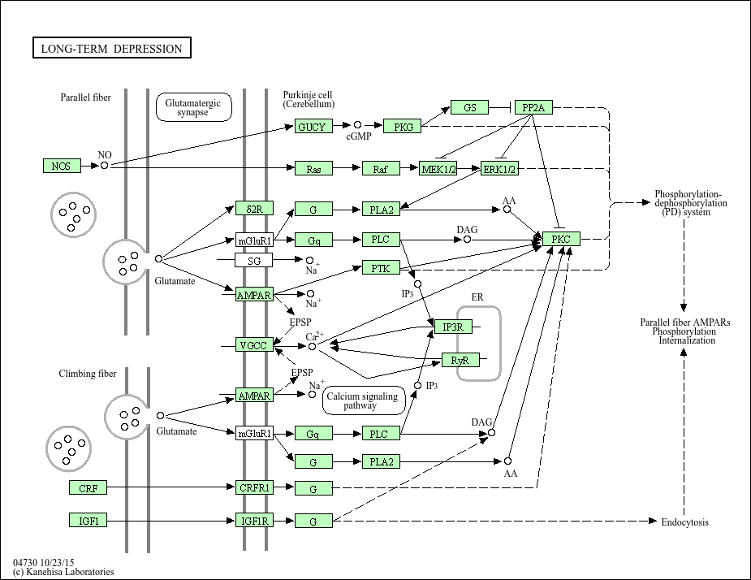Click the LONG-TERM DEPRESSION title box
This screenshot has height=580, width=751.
point(112,49)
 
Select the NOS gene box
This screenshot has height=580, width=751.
point(62,166)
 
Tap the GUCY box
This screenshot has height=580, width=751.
point(311,127)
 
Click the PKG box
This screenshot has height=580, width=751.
point(403,126)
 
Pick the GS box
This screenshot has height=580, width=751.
point(470,107)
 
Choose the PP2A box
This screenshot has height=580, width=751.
point(533,107)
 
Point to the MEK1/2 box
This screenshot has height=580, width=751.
point(439,168)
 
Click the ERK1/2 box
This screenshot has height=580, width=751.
point(500,168)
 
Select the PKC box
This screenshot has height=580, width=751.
point(562,240)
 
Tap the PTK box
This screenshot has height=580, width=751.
point(381,267)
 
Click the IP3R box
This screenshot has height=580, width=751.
point(452,327)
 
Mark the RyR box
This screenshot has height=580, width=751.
point(459,360)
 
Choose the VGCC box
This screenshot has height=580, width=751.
point(253,346)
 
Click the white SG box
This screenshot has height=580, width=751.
point(253,260)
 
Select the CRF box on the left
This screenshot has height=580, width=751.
point(88,487)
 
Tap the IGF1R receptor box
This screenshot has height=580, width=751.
point(254,521)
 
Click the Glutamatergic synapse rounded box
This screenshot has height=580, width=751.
point(193,107)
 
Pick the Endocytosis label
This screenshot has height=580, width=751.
point(684,522)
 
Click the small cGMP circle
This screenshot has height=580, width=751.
point(357,125)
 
